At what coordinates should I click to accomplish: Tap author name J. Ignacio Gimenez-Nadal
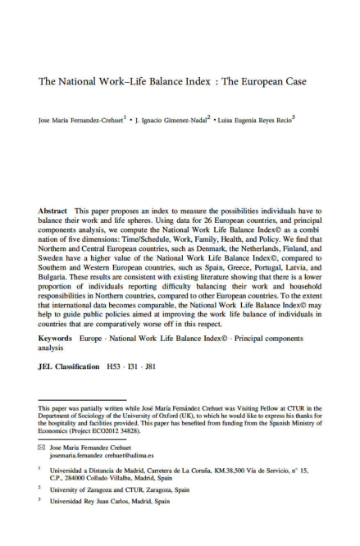coord(171,120)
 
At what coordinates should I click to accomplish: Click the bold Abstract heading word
coord(52,212)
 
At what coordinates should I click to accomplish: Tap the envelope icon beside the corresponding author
coord(42,448)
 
